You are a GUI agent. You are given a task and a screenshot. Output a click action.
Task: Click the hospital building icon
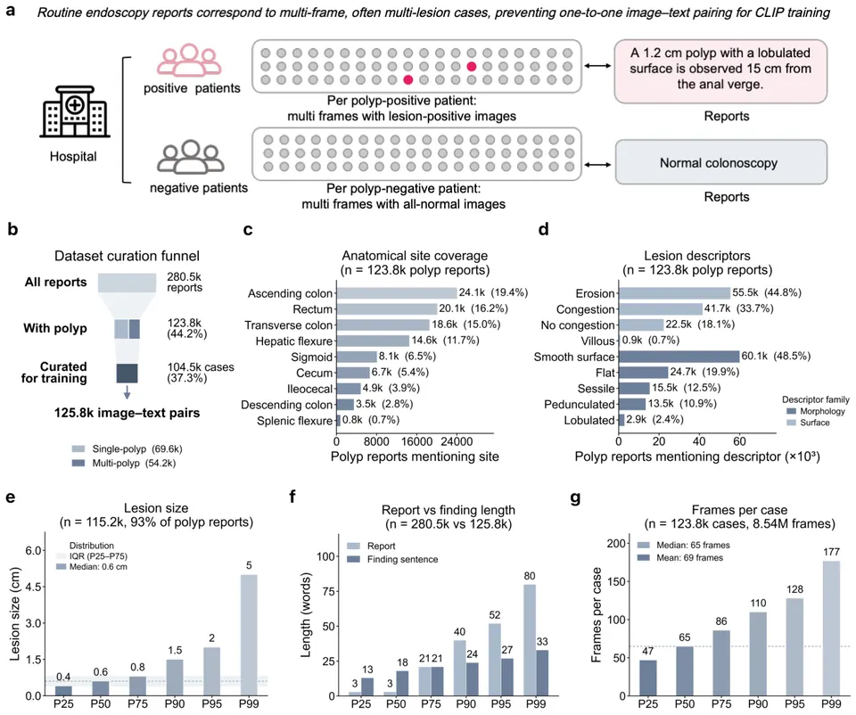click(75, 111)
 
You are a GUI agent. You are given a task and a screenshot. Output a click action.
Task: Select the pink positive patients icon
click(189, 60)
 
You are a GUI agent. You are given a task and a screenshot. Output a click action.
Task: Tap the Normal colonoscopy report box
click(720, 162)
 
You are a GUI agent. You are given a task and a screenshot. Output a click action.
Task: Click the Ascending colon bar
click(396, 293)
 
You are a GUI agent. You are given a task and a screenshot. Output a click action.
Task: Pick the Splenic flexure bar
click(339, 420)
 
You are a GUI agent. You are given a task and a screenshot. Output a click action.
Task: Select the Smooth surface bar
click(679, 357)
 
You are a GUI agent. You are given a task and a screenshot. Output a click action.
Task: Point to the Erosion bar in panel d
click(674, 293)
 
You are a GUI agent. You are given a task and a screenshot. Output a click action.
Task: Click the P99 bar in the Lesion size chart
click(249, 636)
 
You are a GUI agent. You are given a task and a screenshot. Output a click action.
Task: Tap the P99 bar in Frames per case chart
click(831, 629)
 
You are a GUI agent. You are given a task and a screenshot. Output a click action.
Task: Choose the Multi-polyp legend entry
click(124, 463)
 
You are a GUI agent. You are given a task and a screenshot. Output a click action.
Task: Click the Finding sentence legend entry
click(392, 559)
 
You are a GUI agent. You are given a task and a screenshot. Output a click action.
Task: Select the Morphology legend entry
click(816, 411)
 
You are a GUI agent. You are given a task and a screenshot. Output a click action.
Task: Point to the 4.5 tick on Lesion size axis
click(35, 587)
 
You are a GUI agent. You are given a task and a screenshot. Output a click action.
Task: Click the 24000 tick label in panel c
click(457, 441)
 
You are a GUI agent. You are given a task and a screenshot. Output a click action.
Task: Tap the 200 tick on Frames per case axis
click(616, 543)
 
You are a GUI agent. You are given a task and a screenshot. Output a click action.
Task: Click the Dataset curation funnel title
click(127, 256)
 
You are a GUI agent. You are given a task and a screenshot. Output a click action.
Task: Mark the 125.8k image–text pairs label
click(127, 413)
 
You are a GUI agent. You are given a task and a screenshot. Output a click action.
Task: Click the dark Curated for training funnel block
click(127, 374)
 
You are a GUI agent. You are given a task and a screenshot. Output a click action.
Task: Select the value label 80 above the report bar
click(529, 576)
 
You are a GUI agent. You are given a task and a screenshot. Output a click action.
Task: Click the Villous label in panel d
click(597, 341)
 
